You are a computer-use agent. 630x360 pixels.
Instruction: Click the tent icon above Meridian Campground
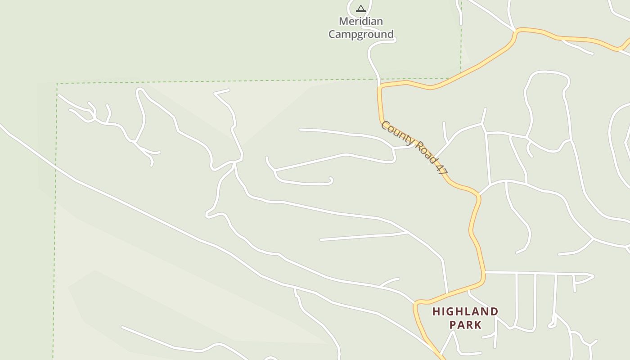[x=360, y=9]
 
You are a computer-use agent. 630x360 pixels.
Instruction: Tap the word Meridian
[x=361, y=21]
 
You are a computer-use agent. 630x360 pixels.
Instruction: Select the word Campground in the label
[x=361, y=34]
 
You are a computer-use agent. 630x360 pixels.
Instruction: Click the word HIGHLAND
[x=465, y=311]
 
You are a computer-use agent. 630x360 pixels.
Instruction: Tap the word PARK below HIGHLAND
[x=465, y=325]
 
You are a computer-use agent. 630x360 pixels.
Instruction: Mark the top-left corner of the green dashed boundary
[x=57, y=83]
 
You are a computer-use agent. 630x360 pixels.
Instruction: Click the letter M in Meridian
[x=344, y=21]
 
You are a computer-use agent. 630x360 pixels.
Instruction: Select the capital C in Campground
[x=333, y=34]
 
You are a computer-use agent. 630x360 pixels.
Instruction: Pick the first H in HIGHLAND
[x=436, y=311]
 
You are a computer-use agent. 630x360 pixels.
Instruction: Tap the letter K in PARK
[x=478, y=325]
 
